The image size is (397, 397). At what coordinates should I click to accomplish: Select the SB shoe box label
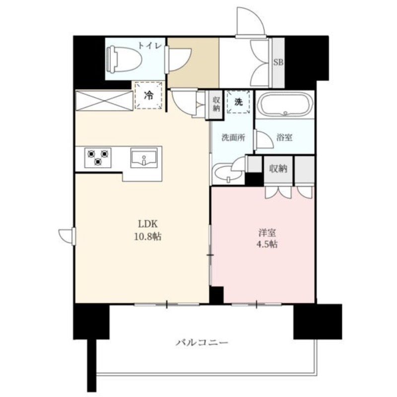coord(278,62)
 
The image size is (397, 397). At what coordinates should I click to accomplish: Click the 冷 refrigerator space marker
coord(148,95)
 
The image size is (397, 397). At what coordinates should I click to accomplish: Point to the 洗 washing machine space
coord(238,102)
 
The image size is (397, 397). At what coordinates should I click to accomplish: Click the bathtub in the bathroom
coord(284,105)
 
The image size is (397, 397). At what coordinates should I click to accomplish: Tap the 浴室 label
coord(284,137)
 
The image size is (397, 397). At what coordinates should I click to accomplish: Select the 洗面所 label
coord(233,137)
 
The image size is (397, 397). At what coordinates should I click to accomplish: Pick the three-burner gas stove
coord(98,157)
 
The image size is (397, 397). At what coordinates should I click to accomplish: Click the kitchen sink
coord(144,158)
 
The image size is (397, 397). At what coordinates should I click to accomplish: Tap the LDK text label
coord(148,224)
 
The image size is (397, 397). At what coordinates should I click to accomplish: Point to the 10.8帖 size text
coord(147,237)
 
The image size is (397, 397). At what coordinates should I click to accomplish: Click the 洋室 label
coord(267,232)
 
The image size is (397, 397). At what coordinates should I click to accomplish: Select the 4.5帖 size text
coord(267,244)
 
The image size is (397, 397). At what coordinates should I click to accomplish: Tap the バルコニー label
coord(202,343)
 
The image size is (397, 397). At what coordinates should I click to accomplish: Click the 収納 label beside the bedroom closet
coord(278,168)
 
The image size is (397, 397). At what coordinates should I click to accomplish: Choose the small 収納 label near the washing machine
coord(216,104)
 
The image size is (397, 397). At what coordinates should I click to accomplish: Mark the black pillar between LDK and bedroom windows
coord(216,295)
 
